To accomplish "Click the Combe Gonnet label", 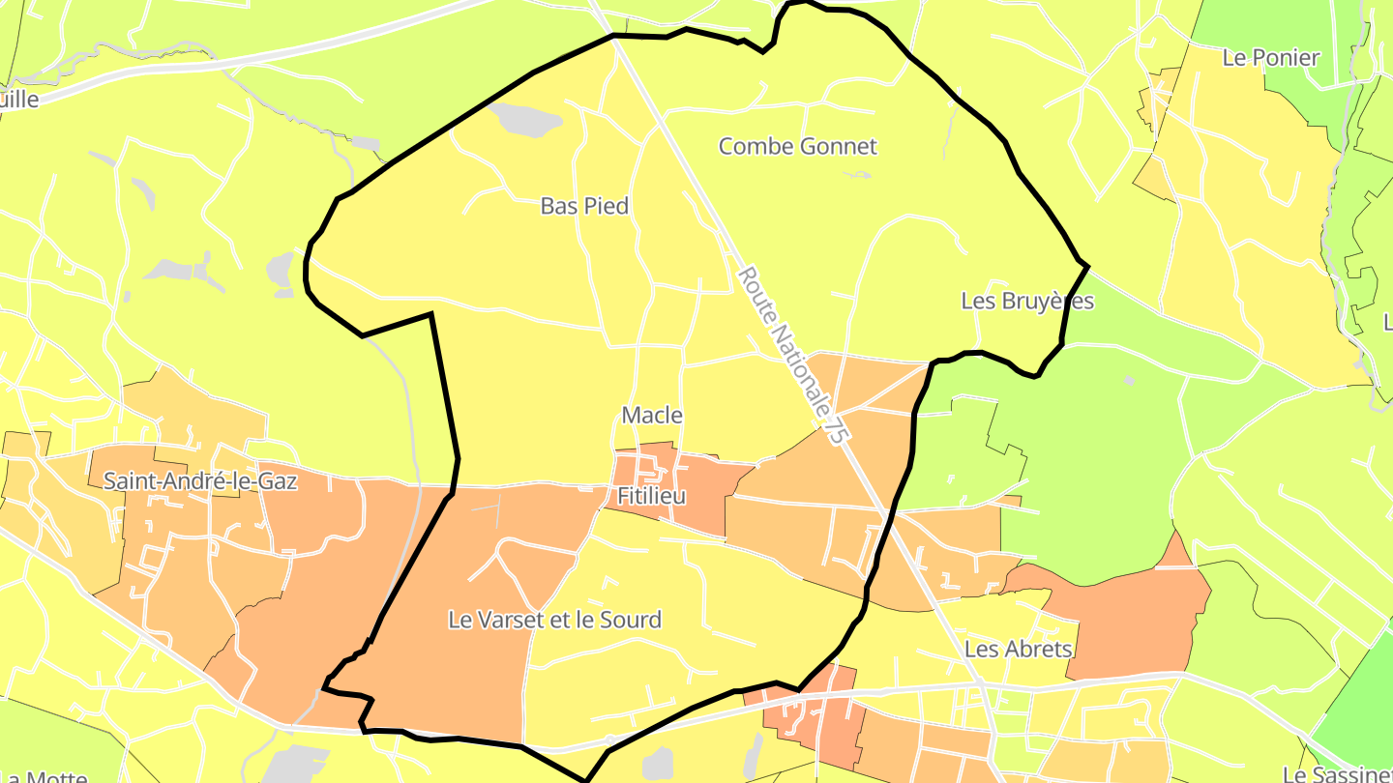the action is click(797, 146).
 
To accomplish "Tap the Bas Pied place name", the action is click(584, 206).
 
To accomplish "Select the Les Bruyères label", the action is click(1027, 301).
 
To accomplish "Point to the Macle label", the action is click(652, 416).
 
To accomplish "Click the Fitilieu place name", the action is click(651, 496).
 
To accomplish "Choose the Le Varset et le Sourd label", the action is click(554, 620).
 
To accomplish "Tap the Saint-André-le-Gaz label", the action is click(200, 480).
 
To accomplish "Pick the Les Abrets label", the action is click(1018, 649).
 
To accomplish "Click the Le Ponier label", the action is click(1271, 58).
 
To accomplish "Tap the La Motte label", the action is click(44, 776).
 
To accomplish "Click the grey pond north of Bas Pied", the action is click(526, 119).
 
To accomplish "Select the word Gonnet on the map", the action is click(839, 146).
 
